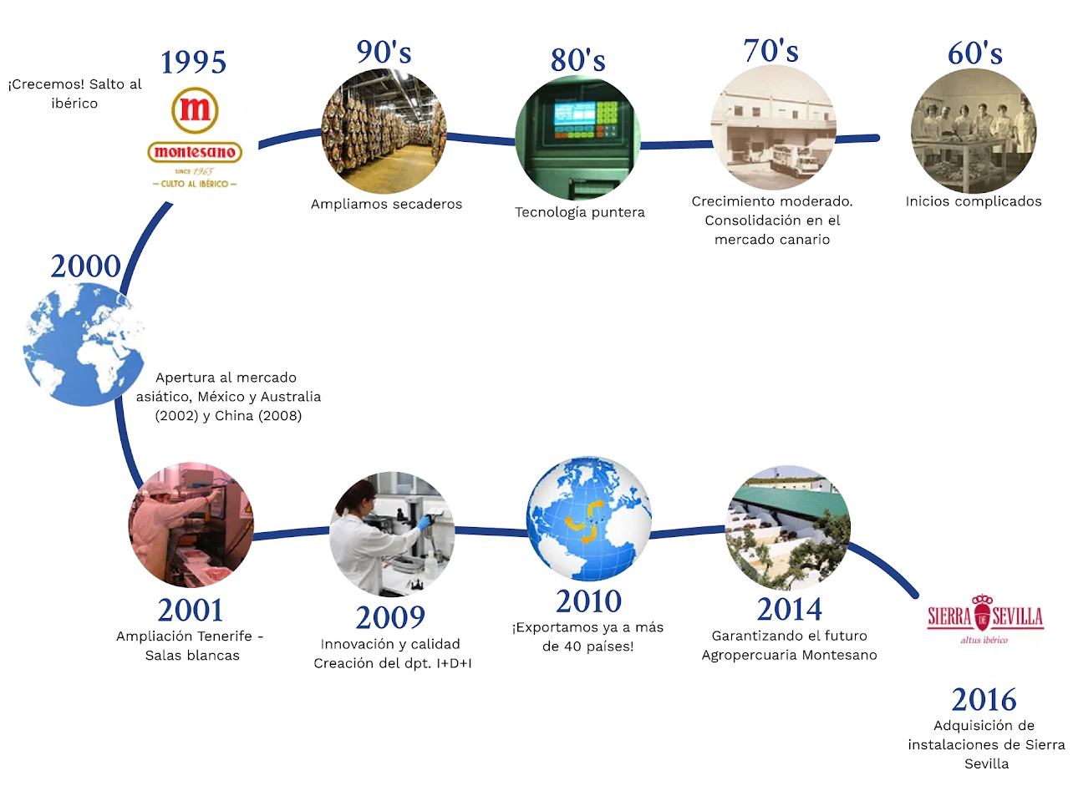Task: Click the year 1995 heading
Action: pyautogui.click(x=193, y=63)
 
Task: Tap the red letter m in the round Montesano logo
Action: pyautogui.click(x=195, y=109)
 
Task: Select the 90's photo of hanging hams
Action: pyautogui.click(x=384, y=131)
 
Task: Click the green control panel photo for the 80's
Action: pyautogui.click(x=577, y=137)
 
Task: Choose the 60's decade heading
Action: pyautogui.click(x=974, y=53)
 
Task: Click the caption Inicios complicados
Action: pyautogui.click(x=974, y=201)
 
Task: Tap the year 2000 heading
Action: pyautogui.click(x=85, y=266)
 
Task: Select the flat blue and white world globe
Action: pyautogui.click(x=84, y=344)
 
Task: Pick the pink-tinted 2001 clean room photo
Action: pyautogui.click(x=191, y=525)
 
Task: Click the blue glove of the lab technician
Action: pyautogui.click(x=425, y=522)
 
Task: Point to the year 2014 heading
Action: pyautogui.click(x=789, y=609)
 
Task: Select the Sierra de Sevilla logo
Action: pyautogui.click(x=985, y=619)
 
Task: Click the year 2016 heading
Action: pyautogui.click(x=984, y=700)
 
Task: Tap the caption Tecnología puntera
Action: pyautogui.click(x=580, y=212)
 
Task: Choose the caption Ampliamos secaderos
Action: pyautogui.click(x=387, y=204)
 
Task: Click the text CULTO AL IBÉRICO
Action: pyautogui.click(x=195, y=185)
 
